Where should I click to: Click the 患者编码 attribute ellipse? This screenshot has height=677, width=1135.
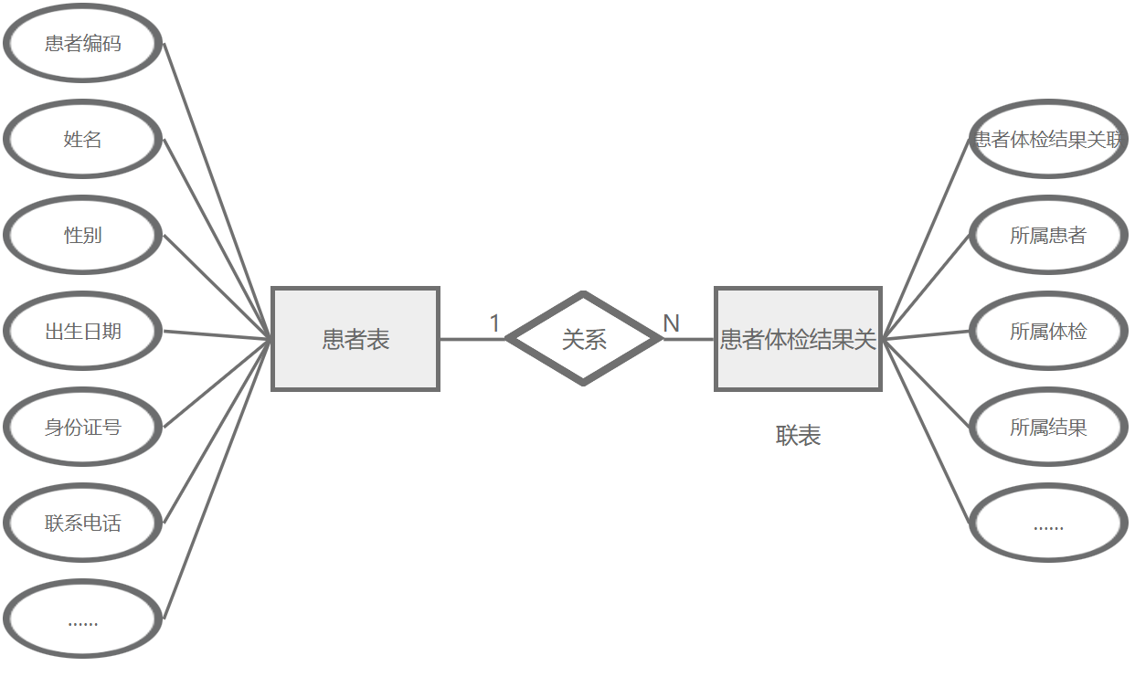pos(83,43)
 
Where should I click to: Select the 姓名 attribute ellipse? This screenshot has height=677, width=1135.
pos(83,139)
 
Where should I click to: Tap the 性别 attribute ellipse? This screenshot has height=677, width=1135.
pos(83,235)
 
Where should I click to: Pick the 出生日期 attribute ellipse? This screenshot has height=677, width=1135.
pos(83,331)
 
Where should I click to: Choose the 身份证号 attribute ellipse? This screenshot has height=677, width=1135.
pos(83,427)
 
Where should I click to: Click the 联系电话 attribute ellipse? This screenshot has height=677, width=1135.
pos(83,523)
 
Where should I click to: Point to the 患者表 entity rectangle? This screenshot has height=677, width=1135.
pos(355,339)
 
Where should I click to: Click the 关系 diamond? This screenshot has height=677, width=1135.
pos(583,339)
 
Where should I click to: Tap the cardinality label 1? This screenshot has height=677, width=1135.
pos(494,323)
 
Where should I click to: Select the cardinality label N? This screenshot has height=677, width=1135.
pos(671,323)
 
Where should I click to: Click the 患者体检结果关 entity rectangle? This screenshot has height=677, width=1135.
pos(798,339)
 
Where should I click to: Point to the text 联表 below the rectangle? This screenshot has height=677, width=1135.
pos(798,436)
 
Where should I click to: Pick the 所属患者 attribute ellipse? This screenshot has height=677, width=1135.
pos(1047,235)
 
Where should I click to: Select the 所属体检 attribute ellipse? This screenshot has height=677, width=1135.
pos(1047,331)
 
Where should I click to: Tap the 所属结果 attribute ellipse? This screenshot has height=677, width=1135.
pos(1047,427)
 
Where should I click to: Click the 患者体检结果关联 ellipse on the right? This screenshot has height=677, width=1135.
pos(1047,139)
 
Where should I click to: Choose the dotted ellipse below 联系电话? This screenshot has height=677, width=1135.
pos(83,619)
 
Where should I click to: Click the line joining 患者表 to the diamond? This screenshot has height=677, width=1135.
pos(471,339)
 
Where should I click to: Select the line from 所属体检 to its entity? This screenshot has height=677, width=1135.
pos(925,334)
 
